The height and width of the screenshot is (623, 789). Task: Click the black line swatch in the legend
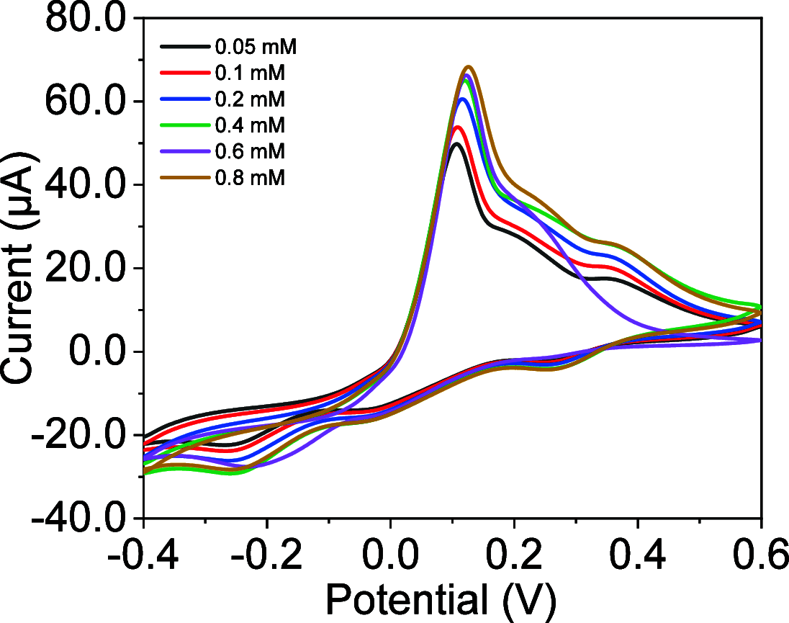coord(184,48)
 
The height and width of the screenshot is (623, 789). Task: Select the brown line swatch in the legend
coord(184,177)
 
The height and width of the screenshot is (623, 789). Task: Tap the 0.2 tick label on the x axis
coord(514,555)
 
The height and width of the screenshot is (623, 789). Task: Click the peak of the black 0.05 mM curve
coord(455,143)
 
